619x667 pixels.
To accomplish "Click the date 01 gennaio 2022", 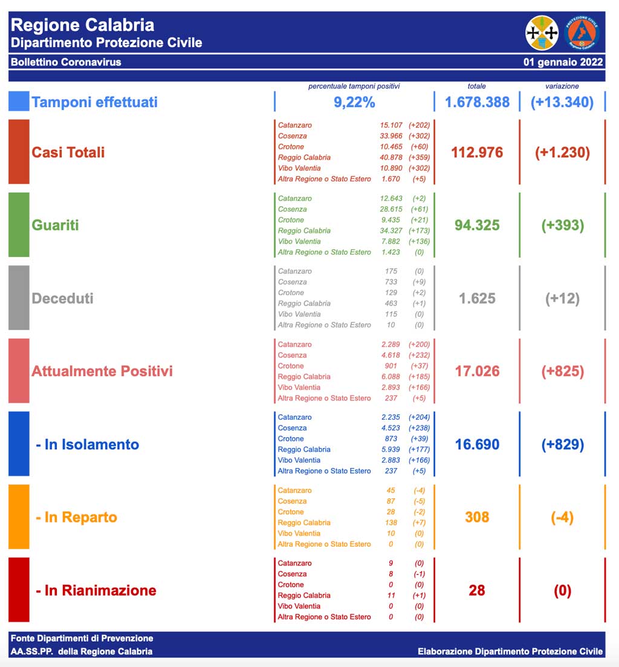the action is click(563, 62).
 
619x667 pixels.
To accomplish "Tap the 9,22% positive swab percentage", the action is click(354, 102).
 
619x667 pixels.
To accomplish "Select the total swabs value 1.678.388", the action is click(477, 102).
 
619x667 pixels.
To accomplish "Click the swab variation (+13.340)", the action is click(562, 102).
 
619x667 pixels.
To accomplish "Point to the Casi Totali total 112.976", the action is click(477, 152).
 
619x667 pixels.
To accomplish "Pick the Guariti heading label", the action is click(55, 225).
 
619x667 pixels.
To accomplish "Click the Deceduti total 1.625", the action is click(477, 298).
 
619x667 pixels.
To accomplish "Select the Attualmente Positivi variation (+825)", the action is click(562, 371).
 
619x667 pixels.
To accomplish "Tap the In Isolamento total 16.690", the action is click(477, 444).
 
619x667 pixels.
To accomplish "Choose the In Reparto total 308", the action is click(477, 517).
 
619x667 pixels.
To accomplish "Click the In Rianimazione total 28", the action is click(477, 590).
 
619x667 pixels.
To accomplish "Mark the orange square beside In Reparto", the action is click(19, 516).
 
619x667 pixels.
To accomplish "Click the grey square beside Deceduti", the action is click(19, 298).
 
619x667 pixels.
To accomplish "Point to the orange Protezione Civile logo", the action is click(582, 33).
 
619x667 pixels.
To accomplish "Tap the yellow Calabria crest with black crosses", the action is click(542, 33).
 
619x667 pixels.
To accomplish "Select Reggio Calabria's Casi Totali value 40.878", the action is click(391, 157).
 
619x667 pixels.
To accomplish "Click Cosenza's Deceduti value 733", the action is click(391, 282).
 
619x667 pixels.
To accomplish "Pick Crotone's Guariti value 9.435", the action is click(391, 220).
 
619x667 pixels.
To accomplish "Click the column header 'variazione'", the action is click(562, 86).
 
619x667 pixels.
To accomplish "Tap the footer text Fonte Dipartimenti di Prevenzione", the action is click(82, 638).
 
